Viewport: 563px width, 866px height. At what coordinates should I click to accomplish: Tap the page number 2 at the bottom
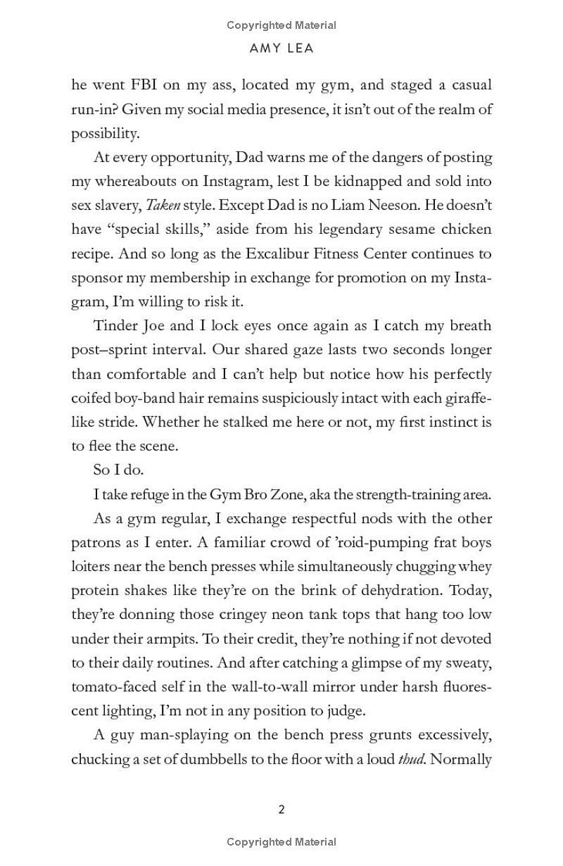coord(281,810)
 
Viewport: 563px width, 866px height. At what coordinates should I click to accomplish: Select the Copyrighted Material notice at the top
coord(281,25)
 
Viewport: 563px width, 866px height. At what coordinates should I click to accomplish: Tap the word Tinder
coord(115,326)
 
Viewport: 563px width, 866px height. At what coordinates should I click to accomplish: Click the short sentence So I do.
coord(118,470)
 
